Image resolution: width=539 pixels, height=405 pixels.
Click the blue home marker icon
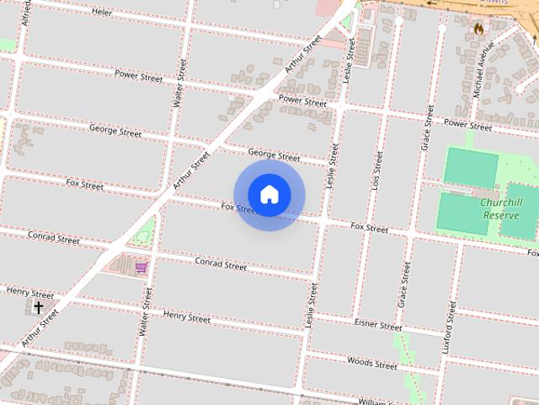[x=269, y=194]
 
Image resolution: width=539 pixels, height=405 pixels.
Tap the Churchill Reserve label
[x=502, y=208]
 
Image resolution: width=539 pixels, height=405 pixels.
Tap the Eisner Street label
[x=378, y=325]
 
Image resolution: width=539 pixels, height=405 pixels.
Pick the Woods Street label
[x=372, y=364]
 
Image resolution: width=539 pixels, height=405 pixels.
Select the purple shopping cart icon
[x=141, y=267]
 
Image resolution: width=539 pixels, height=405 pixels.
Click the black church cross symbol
[x=38, y=308]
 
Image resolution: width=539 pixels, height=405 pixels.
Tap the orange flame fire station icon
[x=478, y=28]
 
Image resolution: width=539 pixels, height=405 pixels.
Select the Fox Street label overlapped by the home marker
[x=237, y=207]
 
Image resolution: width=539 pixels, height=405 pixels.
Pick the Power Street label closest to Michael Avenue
[x=467, y=125]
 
